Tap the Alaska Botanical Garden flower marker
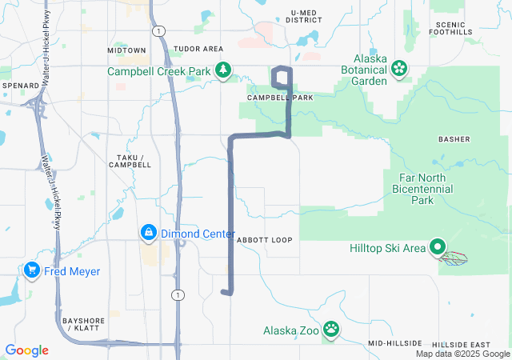(x=398, y=70)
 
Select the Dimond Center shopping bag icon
(x=148, y=234)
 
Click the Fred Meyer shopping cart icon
(x=33, y=271)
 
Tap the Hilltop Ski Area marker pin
(x=438, y=248)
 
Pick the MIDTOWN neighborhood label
(x=127, y=50)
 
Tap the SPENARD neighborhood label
(x=21, y=85)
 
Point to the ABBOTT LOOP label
(x=265, y=240)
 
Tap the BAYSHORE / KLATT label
(x=84, y=324)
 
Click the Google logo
(x=26, y=350)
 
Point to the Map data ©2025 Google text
(x=462, y=354)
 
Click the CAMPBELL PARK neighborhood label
(x=280, y=97)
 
